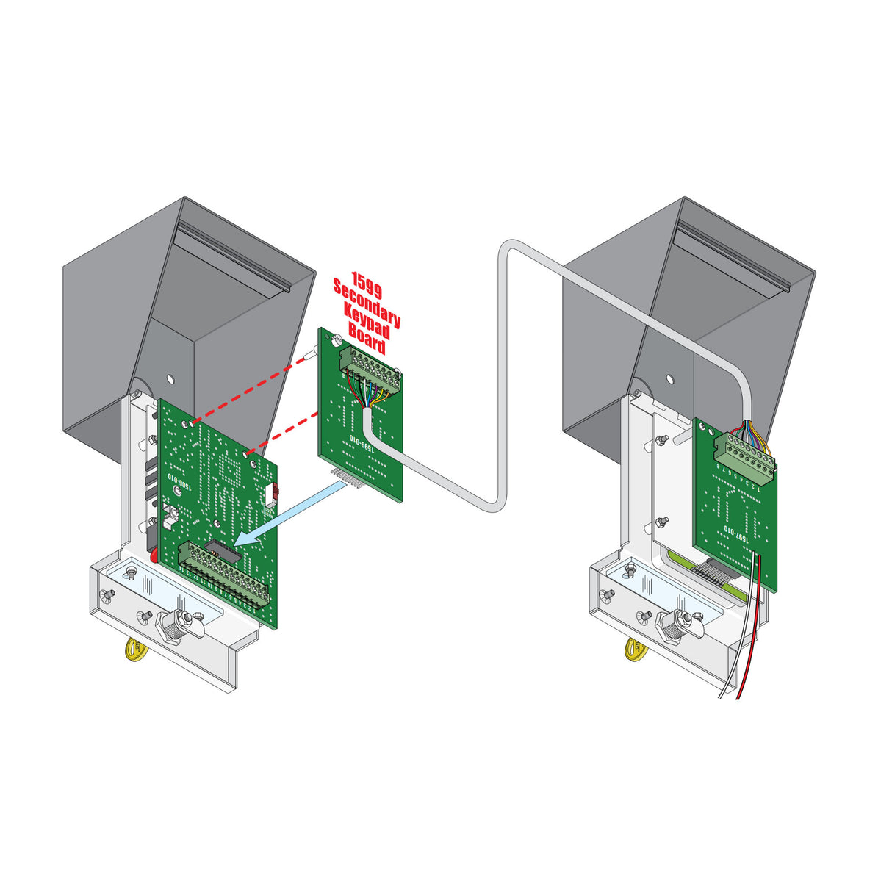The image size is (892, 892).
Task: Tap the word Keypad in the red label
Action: coord(367,327)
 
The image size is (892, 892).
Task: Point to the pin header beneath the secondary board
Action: coord(348,478)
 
